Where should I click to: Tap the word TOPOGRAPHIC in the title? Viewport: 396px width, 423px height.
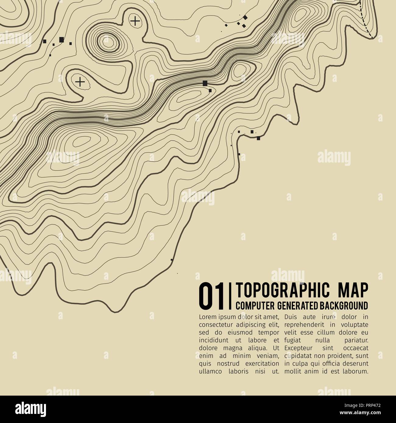pos(278,290)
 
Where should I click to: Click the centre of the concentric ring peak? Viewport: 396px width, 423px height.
pos(107,43)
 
